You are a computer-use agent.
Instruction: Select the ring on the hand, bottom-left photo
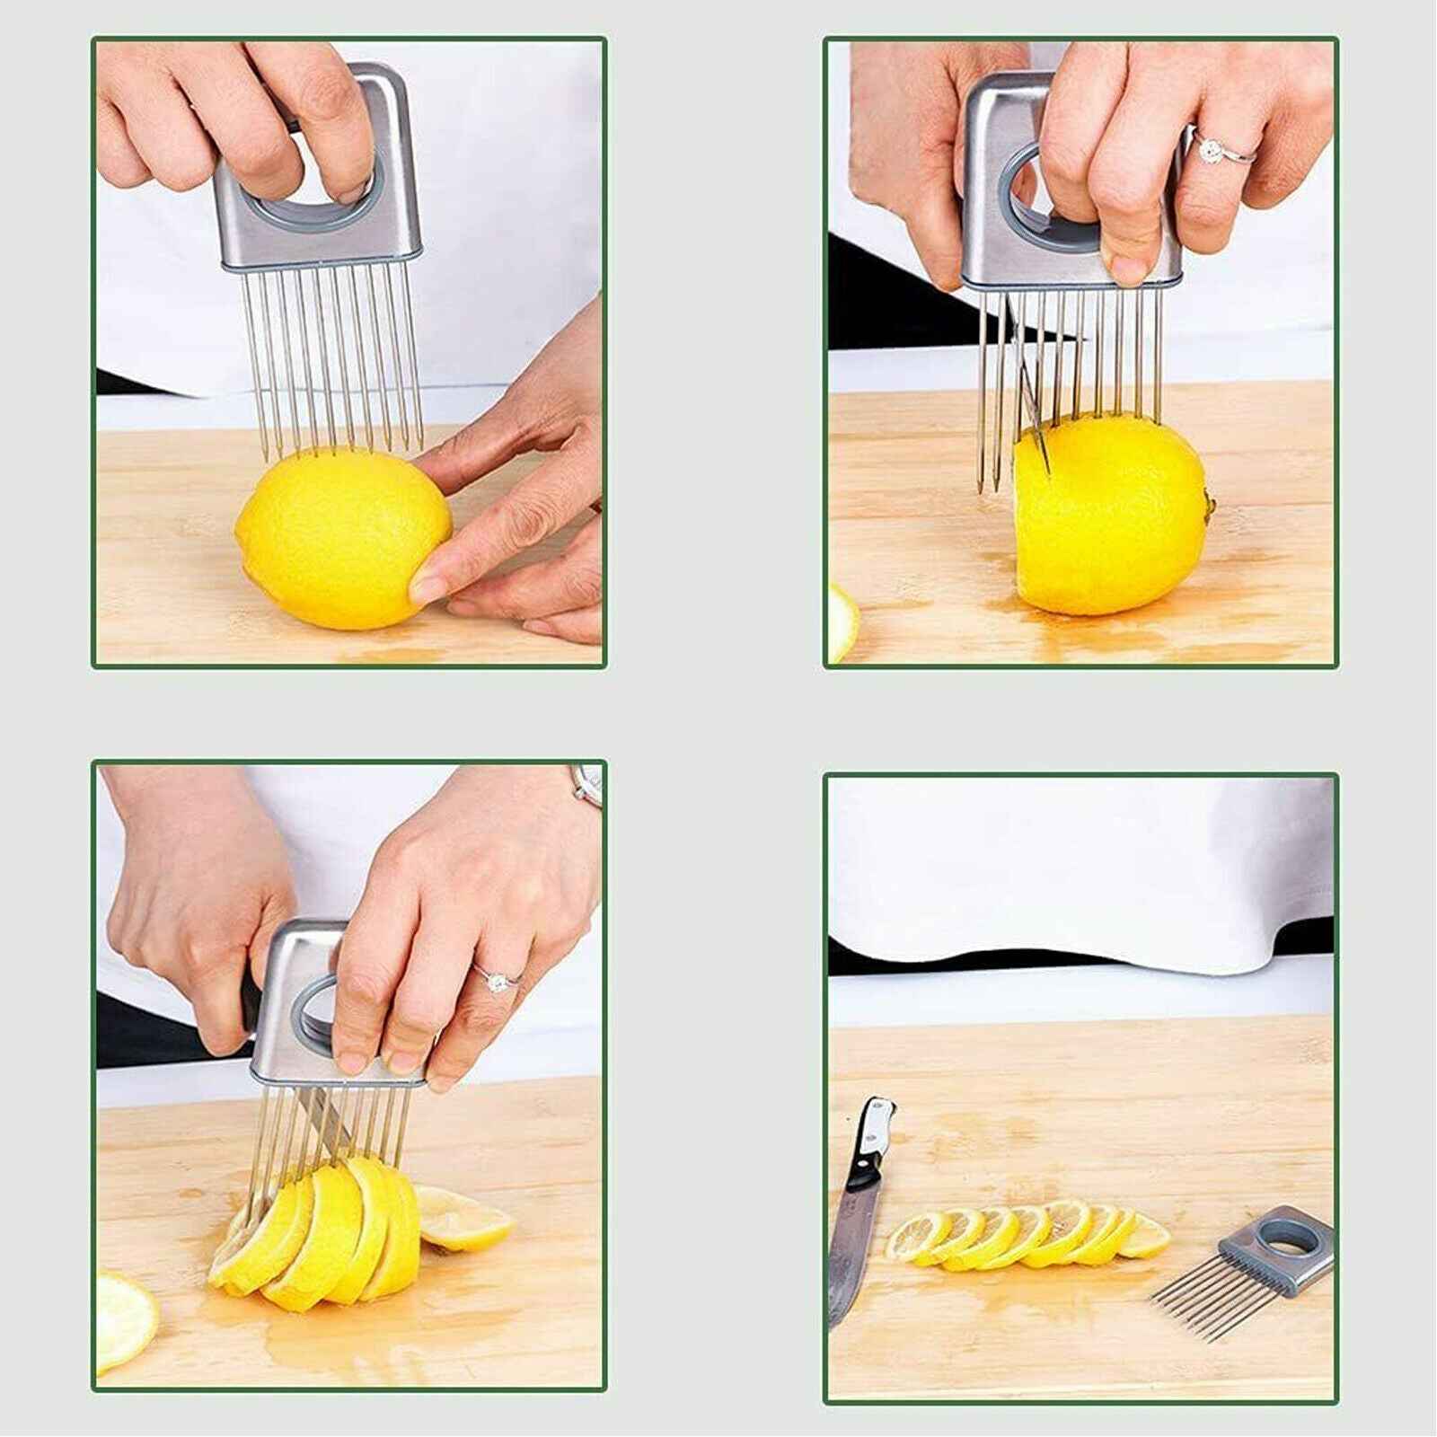tap(495, 980)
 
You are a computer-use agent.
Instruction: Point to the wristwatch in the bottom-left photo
tap(588, 786)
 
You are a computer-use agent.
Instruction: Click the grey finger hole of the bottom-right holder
tap(1290, 1245)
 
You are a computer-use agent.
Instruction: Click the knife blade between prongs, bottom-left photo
tap(323, 1123)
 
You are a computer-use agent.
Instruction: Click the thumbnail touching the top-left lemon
tap(427, 588)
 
